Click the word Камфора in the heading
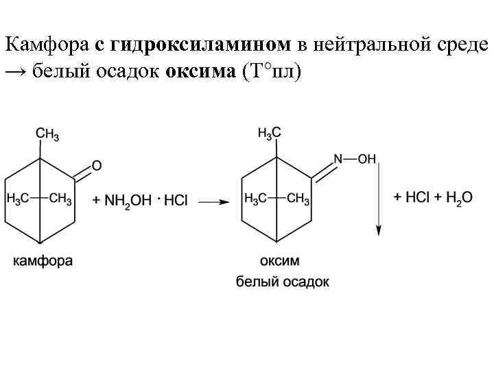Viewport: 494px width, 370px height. coord(47,45)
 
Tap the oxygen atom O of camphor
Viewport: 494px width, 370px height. coord(97,165)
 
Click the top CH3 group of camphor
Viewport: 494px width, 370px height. coord(47,134)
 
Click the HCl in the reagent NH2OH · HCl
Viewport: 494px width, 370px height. coord(176,199)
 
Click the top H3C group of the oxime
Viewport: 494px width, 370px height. coord(269,134)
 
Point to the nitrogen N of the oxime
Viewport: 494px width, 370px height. coord(338,159)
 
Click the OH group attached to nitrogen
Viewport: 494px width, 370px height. coord(367,159)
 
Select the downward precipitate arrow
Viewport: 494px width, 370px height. coord(377,199)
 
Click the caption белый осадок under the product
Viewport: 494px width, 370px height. coord(282,281)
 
